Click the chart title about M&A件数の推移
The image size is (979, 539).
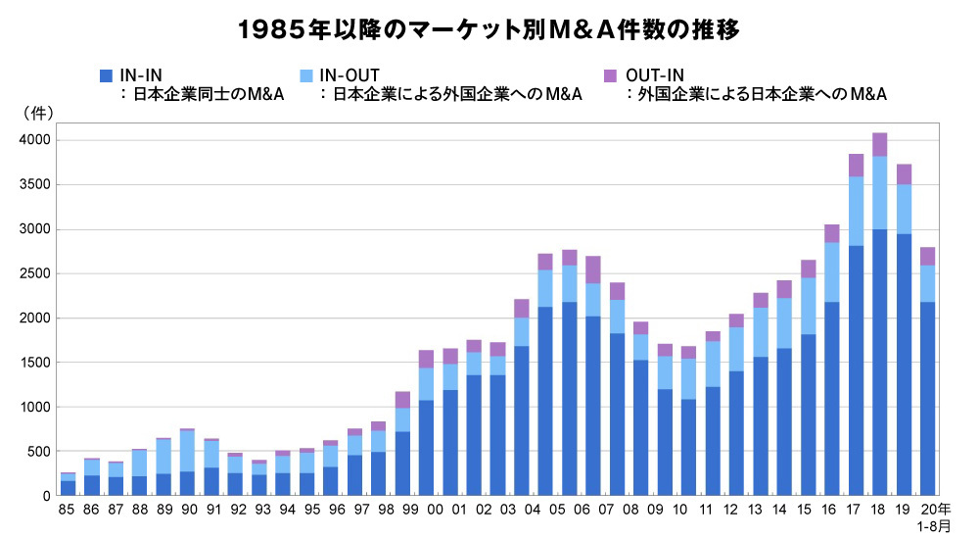[489, 30]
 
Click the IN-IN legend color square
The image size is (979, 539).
[107, 75]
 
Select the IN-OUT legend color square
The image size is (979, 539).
[308, 75]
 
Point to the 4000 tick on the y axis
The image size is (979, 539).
[34, 140]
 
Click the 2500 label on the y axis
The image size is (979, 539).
[34, 273]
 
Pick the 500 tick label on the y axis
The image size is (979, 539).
[38, 452]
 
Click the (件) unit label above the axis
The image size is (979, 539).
[37, 114]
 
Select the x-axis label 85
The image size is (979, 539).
[68, 511]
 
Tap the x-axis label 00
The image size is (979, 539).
[426, 511]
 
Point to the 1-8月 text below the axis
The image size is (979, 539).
[932, 527]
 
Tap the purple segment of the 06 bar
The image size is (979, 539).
[592, 269]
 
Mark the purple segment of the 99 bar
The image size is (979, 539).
[401, 399]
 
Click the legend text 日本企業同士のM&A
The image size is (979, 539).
[196, 95]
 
